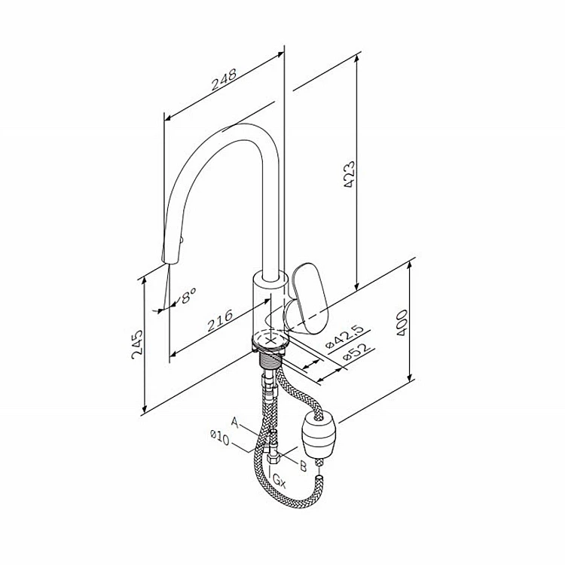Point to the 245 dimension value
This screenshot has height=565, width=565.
coord(138,345)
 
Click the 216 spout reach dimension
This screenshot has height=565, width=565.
coord(219,320)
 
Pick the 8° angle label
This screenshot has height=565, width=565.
coord(188,295)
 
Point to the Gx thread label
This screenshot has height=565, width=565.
coord(278,479)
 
